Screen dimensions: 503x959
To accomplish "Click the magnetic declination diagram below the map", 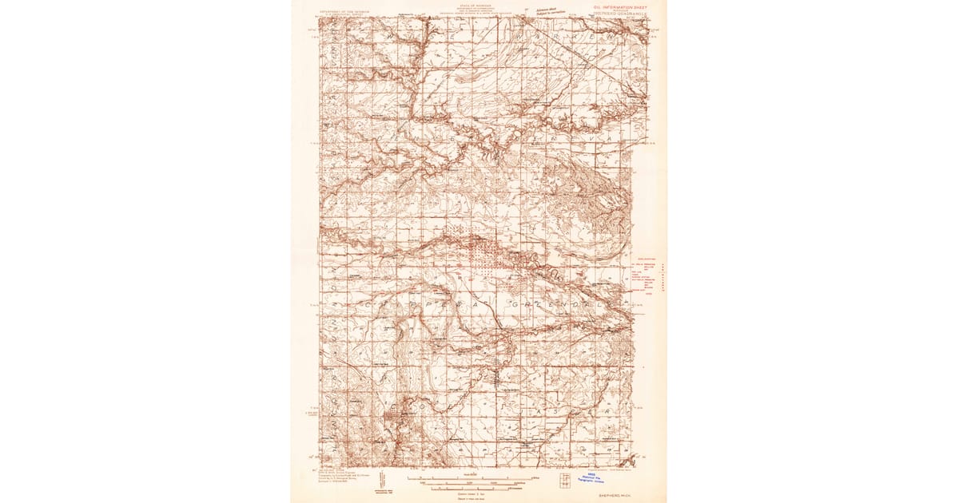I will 383,478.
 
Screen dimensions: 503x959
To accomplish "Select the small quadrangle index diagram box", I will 565,481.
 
